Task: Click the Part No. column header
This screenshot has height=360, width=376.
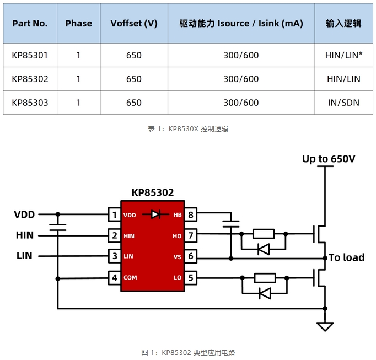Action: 30,23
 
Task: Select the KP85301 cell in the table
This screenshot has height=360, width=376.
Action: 30,55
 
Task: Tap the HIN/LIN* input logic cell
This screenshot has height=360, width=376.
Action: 343,55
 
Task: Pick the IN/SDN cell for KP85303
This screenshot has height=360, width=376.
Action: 343,103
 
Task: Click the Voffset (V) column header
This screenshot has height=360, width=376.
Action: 134,23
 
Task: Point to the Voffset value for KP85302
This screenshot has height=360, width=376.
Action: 134,79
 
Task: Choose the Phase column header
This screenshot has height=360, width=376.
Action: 79,23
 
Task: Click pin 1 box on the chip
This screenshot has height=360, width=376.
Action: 114,214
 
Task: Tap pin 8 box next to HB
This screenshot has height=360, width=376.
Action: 191,214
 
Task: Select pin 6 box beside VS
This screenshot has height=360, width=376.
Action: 191,256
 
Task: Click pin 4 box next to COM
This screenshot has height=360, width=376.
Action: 114,277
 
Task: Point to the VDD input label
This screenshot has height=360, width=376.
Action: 24,214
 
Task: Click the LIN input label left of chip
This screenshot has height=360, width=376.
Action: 24,256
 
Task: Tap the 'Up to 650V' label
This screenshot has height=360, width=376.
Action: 329,159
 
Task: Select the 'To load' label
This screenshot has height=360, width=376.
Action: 347,257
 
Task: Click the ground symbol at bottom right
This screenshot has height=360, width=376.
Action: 325,326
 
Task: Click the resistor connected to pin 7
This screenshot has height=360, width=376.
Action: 264,234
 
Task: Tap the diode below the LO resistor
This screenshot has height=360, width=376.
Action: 264,294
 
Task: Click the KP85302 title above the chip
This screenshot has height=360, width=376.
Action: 152,192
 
